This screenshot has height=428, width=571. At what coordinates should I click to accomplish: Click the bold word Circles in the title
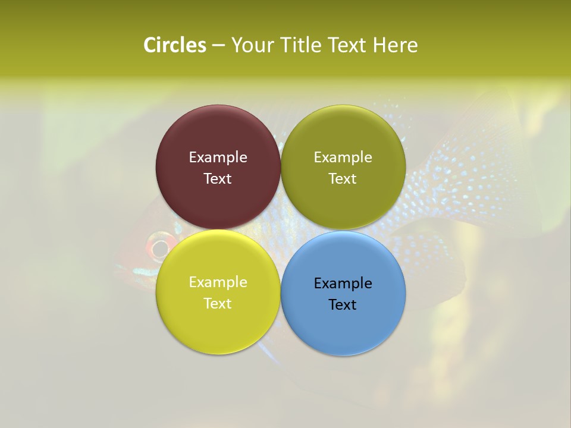click(175, 45)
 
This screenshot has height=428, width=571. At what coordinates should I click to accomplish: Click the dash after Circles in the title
click(218, 46)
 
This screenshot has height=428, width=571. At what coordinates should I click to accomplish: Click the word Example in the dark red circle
click(218, 157)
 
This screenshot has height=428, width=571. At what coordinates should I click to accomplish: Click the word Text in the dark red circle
click(218, 178)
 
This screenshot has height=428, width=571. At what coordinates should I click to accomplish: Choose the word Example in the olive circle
click(343, 157)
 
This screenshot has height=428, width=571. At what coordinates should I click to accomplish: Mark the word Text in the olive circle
click(343, 178)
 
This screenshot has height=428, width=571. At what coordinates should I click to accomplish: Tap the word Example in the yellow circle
click(218, 282)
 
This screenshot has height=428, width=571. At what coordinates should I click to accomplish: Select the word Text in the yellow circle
click(218, 303)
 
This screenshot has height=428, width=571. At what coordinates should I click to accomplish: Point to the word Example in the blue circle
click(343, 283)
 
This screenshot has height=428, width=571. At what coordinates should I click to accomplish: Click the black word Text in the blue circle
click(343, 304)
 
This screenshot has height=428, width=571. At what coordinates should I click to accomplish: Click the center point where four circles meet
click(281, 229)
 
